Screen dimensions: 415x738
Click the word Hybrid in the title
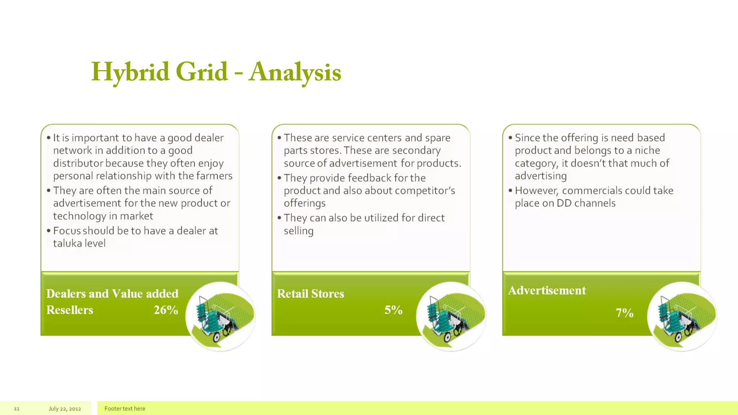click(x=130, y=72)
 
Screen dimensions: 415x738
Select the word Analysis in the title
click(x=295, y=72)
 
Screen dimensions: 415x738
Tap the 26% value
click(x=166, y=310)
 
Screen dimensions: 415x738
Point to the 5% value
click(x=393, y=310)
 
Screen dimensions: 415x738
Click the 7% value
click(x=624, y=313)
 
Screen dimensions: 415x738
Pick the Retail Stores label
click(x=310, y=294)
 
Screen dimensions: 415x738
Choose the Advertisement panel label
click(x=547, y=290)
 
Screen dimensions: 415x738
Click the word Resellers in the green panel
click(x=70, y=310)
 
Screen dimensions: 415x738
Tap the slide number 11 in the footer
click(x=17, y=409)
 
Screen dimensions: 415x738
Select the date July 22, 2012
click(x=65, y=409)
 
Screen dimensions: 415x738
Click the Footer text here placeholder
click(x=125, y=409)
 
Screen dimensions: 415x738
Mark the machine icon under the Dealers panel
click(x=220, y=316)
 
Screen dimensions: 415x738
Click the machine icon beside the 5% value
click(x=451, y=316)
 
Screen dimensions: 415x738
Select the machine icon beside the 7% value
click(x=682, y=316)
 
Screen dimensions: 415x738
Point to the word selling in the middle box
click(x=298, y=231)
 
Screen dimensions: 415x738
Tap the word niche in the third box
click(x=647, y=150)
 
